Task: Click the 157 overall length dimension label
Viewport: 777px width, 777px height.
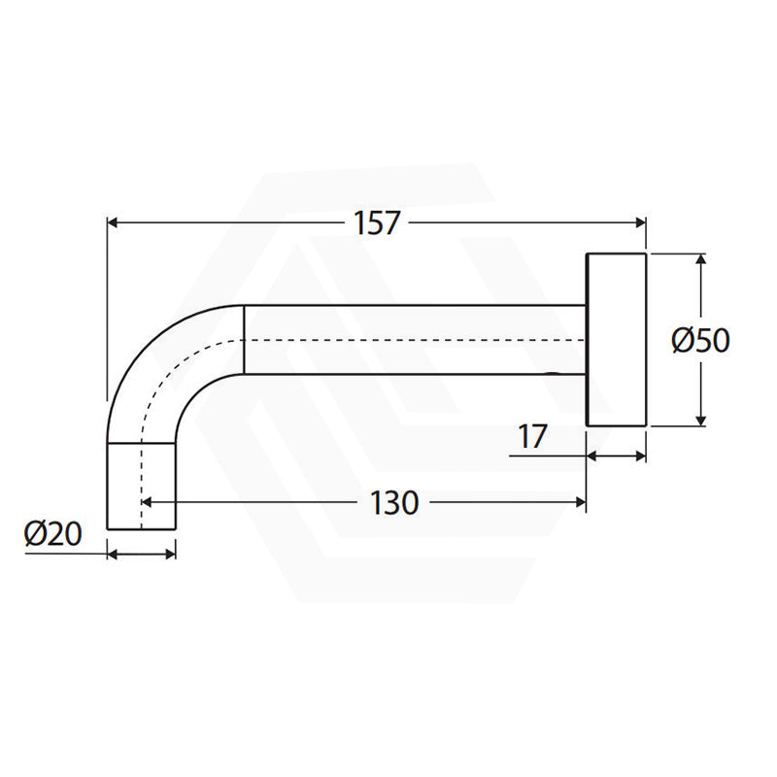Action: (376, 223)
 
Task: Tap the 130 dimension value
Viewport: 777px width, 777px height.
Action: (394, 503)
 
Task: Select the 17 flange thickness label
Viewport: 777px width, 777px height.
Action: (532, 436)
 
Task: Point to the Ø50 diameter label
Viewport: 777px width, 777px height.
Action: (700, 341)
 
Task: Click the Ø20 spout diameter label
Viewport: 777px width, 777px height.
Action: (52, 534)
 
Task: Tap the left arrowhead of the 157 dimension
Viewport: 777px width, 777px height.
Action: (113, 223)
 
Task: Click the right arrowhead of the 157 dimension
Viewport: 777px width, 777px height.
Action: (641, 223)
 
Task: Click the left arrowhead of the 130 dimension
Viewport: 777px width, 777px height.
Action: (147, 502)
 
